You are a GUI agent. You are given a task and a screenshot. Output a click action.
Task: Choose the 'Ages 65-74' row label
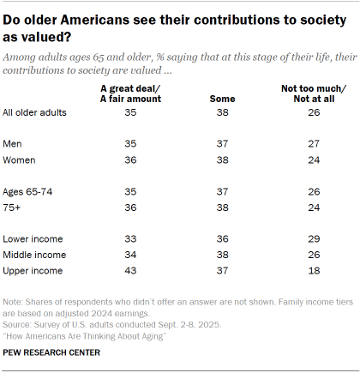(x=28, y=191)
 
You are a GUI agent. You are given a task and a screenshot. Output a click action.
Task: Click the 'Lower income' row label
(x=33, y=238)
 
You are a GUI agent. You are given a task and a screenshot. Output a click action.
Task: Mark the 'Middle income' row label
(x=34, y=254)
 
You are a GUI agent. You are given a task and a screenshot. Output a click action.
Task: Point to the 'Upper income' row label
(x=33, y=269)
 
